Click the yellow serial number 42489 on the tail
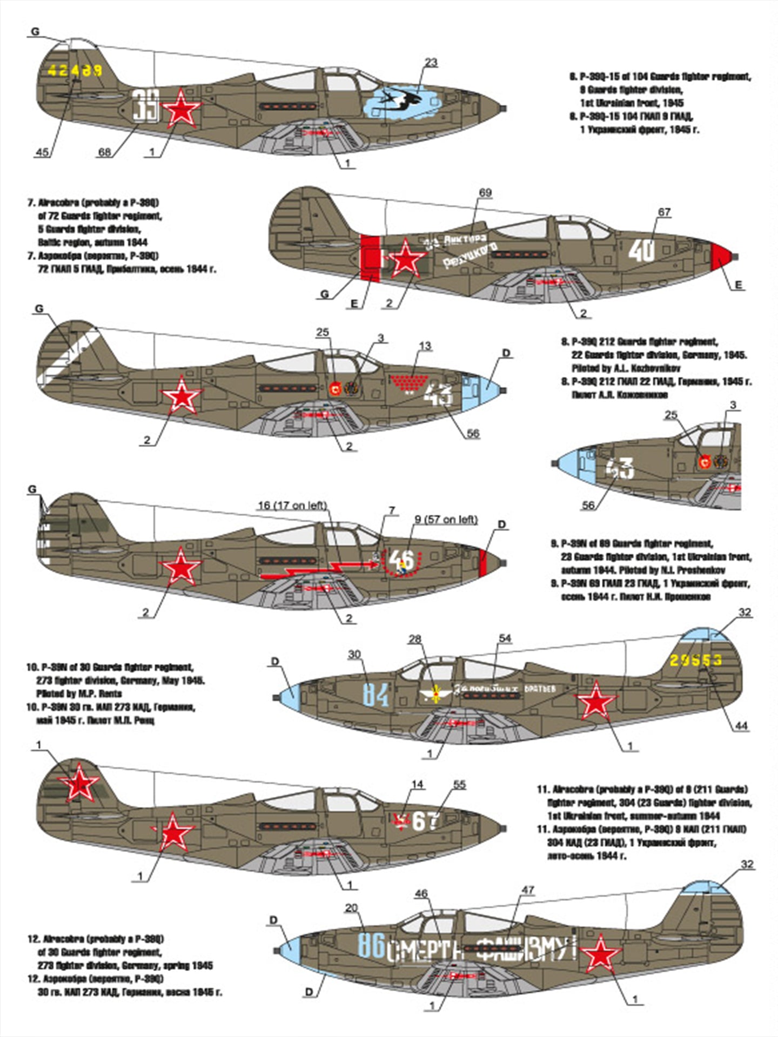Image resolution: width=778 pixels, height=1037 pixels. (75, 70)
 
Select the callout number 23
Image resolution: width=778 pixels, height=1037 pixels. (431, 63)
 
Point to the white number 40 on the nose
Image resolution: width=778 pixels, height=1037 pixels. (642, 250)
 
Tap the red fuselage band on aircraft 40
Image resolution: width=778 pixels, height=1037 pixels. (371, 259)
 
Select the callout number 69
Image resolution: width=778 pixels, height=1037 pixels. (485, 193)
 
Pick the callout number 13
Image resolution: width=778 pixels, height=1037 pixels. (425, 346)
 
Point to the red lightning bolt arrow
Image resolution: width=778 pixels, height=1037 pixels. (319, 570)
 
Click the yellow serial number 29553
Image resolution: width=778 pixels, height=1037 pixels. (695, 660)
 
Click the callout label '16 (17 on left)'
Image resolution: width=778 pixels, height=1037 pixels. (292, 506)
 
